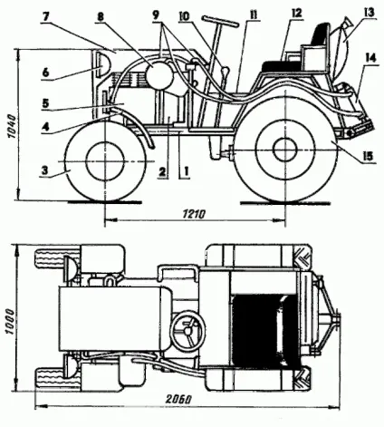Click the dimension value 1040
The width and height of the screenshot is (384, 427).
[x=12, y=126]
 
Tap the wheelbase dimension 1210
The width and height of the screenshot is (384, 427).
[x=194, y=214]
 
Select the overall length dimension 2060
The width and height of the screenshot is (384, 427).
[x=178, y=399]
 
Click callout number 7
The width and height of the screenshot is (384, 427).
[x=45, y=16]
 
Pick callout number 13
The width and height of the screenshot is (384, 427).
[x=370, y=13]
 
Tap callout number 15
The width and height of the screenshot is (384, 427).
[x=369, y=155]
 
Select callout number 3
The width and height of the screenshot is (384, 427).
[x=44, y=170]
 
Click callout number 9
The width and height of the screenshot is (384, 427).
[x=156, y=15]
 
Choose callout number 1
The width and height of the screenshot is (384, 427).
[x=186, y=171]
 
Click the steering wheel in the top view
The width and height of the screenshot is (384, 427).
[x=187, y=331]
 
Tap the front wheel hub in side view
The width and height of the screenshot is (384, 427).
[x=105, y=161]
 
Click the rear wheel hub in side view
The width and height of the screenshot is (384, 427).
[x=285, y=149]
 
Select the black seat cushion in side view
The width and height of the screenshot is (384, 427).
[x=282, y=66]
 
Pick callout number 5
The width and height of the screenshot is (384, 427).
[x=45, y=103]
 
